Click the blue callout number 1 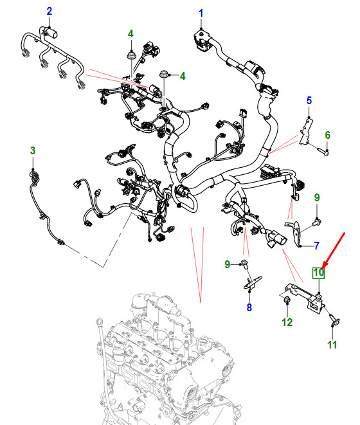(x=201, y=13)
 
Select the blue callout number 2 (x=49, y=11)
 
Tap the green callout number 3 (x=33, y=150)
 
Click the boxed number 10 (x=318, y=273)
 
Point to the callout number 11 (x=332, y=345)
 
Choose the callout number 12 (x=287, y=322)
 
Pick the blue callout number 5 (x=309, y=100)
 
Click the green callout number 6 (x=327, y=135)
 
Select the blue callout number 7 (x=316, y=246)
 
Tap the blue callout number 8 (x=249, y=307)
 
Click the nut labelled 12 (x=287, y=300)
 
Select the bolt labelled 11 (x=334, y=319)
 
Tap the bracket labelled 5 (x=306, y=131)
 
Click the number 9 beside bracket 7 (x=317, y=197)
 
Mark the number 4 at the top (x=130, y=34)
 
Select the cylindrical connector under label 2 (x=52, y=33)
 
